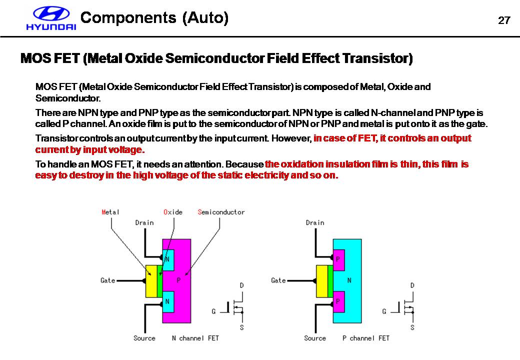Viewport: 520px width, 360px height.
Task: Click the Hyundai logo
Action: [51, 19]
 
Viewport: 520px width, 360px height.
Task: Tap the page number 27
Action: [504, 20]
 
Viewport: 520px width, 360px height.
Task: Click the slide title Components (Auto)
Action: [154, 18]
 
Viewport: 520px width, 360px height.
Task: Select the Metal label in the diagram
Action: [110, 212]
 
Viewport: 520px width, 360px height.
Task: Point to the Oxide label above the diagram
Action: [173, 212]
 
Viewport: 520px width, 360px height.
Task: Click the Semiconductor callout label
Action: [221, 212]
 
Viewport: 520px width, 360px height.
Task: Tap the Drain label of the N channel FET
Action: [144, 222]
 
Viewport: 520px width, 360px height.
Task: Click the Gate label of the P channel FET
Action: [278, 280]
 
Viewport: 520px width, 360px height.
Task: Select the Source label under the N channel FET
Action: [144, 338]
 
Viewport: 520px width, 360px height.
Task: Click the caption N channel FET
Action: [195, 338]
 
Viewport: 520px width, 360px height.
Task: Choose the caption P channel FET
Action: [366, 338]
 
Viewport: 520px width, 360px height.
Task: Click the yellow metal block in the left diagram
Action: [151, 281]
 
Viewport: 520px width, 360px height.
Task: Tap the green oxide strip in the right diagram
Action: [330, 281]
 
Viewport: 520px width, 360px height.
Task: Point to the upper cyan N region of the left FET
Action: [168, 259]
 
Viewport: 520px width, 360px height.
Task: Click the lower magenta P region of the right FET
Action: [338, 301]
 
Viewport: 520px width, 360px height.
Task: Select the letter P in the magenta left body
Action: [178, 280]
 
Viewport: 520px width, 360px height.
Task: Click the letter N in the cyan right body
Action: [349, 280]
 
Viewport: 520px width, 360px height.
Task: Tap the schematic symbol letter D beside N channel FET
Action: [242, 285]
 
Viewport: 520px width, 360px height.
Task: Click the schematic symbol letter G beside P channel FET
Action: [384, 311]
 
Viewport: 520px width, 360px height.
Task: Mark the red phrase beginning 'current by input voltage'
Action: [90, 150]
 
